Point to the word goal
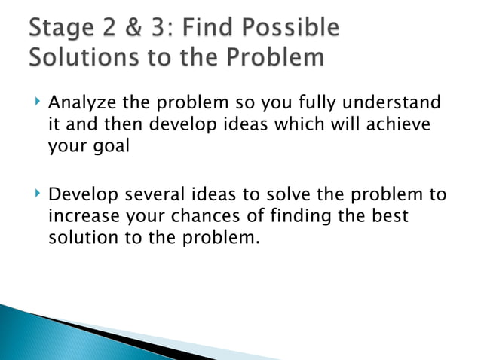110,145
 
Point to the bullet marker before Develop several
35,195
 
